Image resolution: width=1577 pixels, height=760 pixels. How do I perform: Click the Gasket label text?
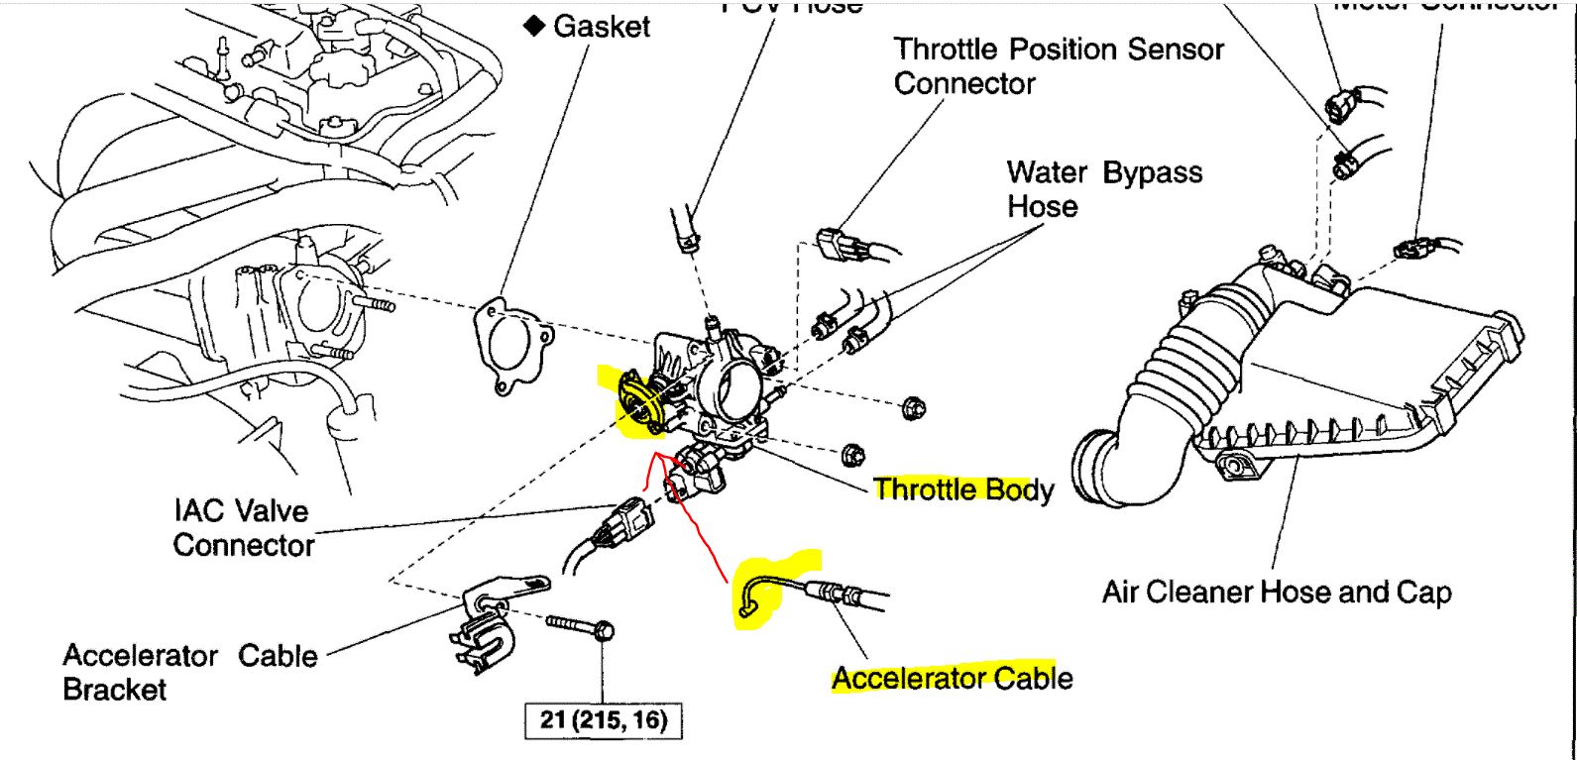602,27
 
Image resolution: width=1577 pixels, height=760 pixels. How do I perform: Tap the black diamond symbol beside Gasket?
534,26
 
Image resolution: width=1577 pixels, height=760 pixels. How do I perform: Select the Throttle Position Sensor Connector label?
1058,66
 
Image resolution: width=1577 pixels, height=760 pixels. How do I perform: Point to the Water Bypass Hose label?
1104,189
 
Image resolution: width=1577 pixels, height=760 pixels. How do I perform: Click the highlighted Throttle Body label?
963,489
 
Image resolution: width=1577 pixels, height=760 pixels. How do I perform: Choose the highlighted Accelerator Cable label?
952,679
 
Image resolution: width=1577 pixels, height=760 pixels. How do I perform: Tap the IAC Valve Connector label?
243,528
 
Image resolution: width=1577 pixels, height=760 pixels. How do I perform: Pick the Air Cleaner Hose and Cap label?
1277,593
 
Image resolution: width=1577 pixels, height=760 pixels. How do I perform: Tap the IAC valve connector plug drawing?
626,519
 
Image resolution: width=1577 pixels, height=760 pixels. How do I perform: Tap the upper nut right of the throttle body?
914,407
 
